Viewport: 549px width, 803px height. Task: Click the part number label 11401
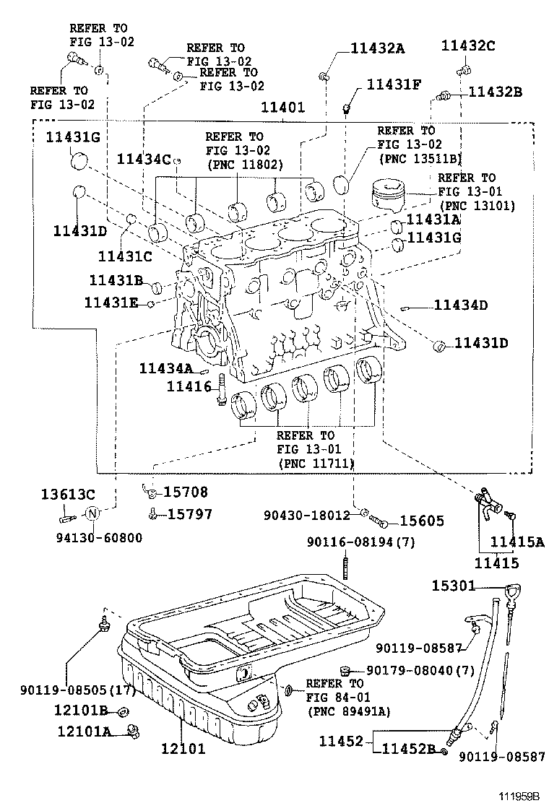(283, 108)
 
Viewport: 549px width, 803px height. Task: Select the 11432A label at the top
(378, 48)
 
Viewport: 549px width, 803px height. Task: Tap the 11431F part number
(394, 84)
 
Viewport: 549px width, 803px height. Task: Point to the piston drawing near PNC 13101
(390, 196)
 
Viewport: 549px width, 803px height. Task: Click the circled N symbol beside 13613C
(92, 515)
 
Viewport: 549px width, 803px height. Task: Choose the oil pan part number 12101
(183, 749)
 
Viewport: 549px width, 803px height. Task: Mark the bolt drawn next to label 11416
(222, 390)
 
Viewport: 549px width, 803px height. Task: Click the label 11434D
(461, 305)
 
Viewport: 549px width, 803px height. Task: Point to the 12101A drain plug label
(85, 731)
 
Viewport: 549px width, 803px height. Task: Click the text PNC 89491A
(349, 711)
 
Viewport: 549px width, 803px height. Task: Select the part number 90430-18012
(306, 515)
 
